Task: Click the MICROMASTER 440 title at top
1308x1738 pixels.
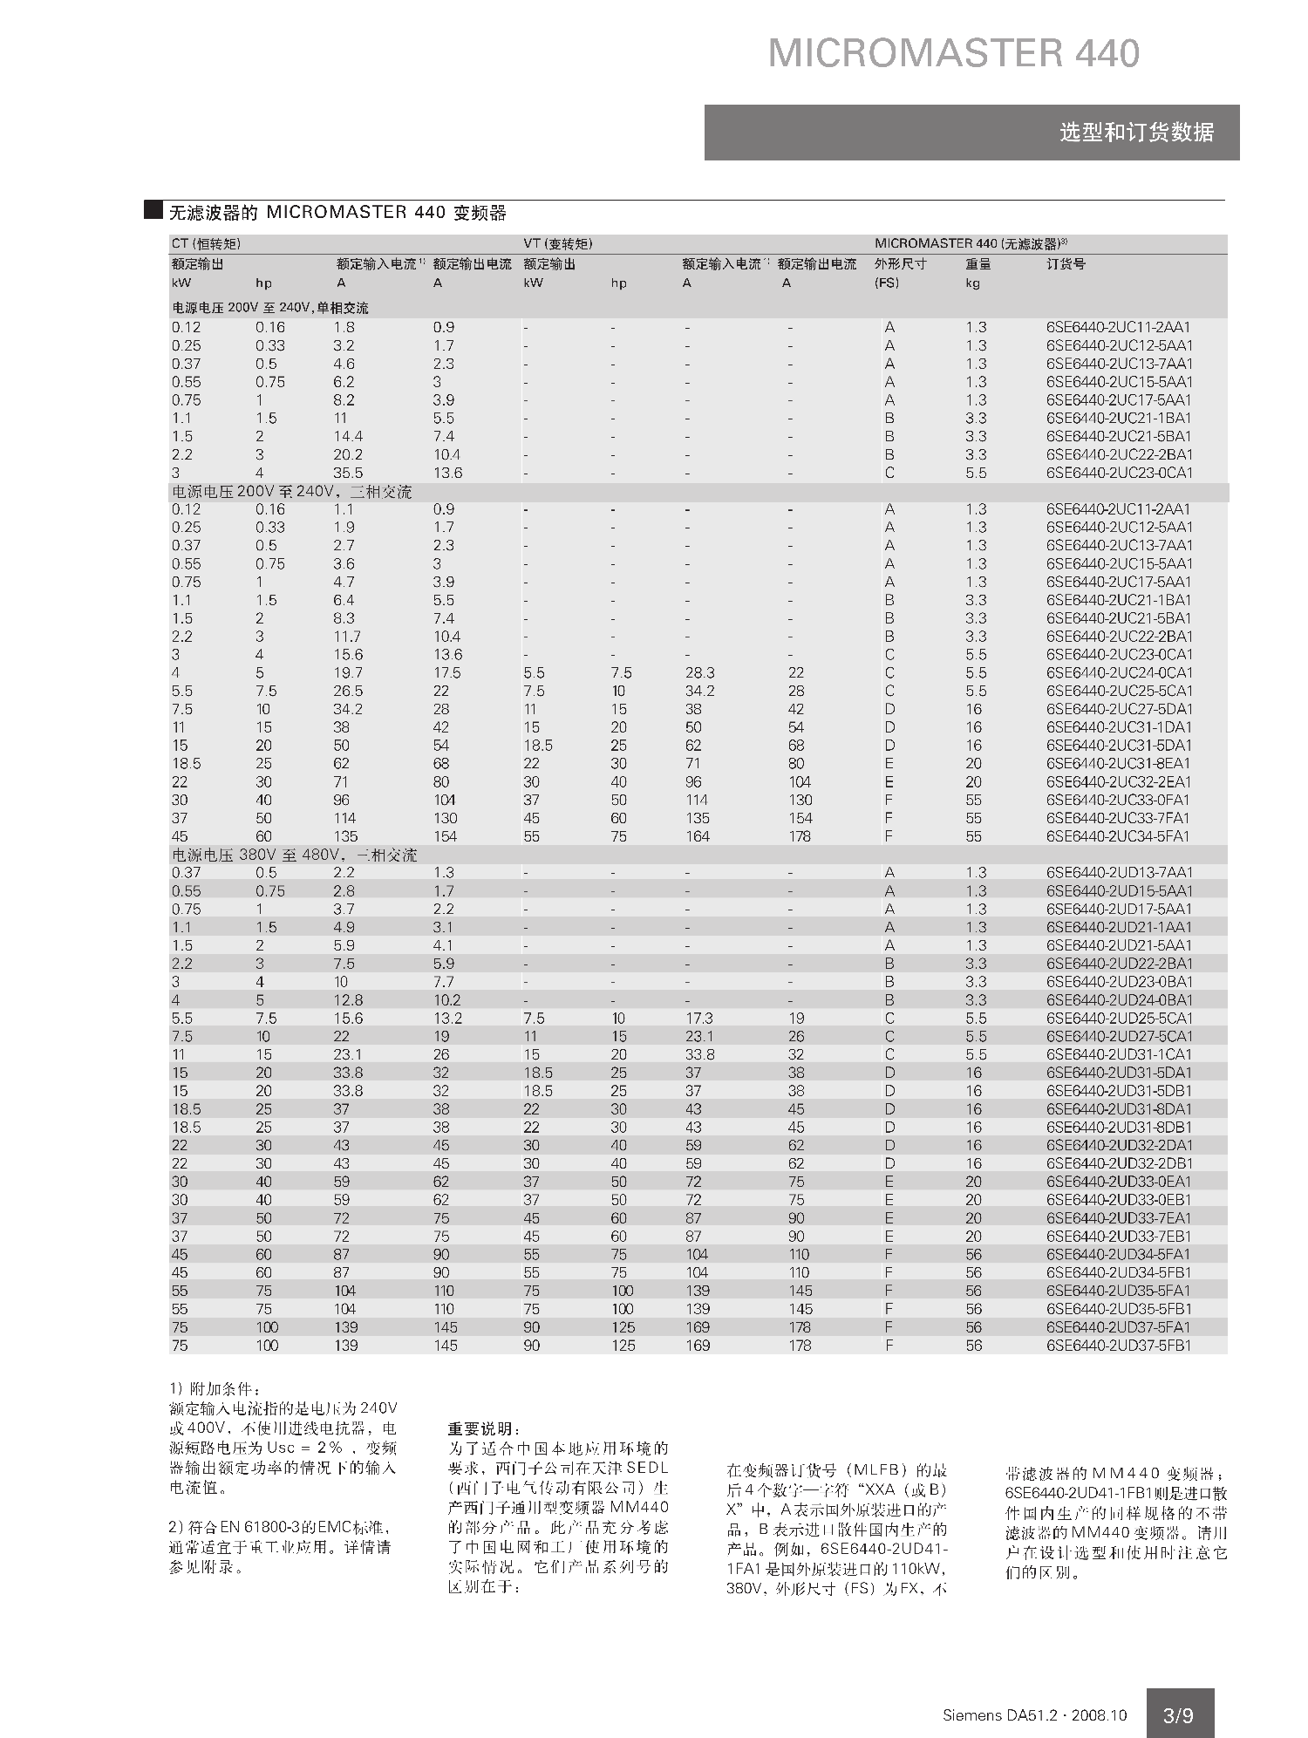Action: [953, 54]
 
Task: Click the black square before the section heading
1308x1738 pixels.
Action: [153, 210]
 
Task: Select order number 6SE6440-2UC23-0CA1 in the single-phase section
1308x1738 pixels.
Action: [1119, 473]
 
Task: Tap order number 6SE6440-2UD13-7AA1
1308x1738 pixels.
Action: [1119, 872]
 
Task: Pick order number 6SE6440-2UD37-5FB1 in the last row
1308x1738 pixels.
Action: [1119, 1345]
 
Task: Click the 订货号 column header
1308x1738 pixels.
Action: [1066, 263]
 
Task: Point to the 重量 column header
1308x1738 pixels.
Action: [978, 263]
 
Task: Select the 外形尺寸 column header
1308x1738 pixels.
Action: [900, 263]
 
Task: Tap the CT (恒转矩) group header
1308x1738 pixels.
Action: [206, 243]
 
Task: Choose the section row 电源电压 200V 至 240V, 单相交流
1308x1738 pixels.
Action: [269, 308]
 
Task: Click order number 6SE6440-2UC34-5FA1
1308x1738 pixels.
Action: [1119, 836]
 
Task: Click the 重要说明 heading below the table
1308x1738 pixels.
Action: [484, 1429]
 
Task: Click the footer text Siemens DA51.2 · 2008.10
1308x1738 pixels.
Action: [1034, 1715]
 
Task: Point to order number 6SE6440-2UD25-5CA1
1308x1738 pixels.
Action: [1119, 1018]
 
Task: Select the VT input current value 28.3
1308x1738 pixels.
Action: [698, 672]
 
